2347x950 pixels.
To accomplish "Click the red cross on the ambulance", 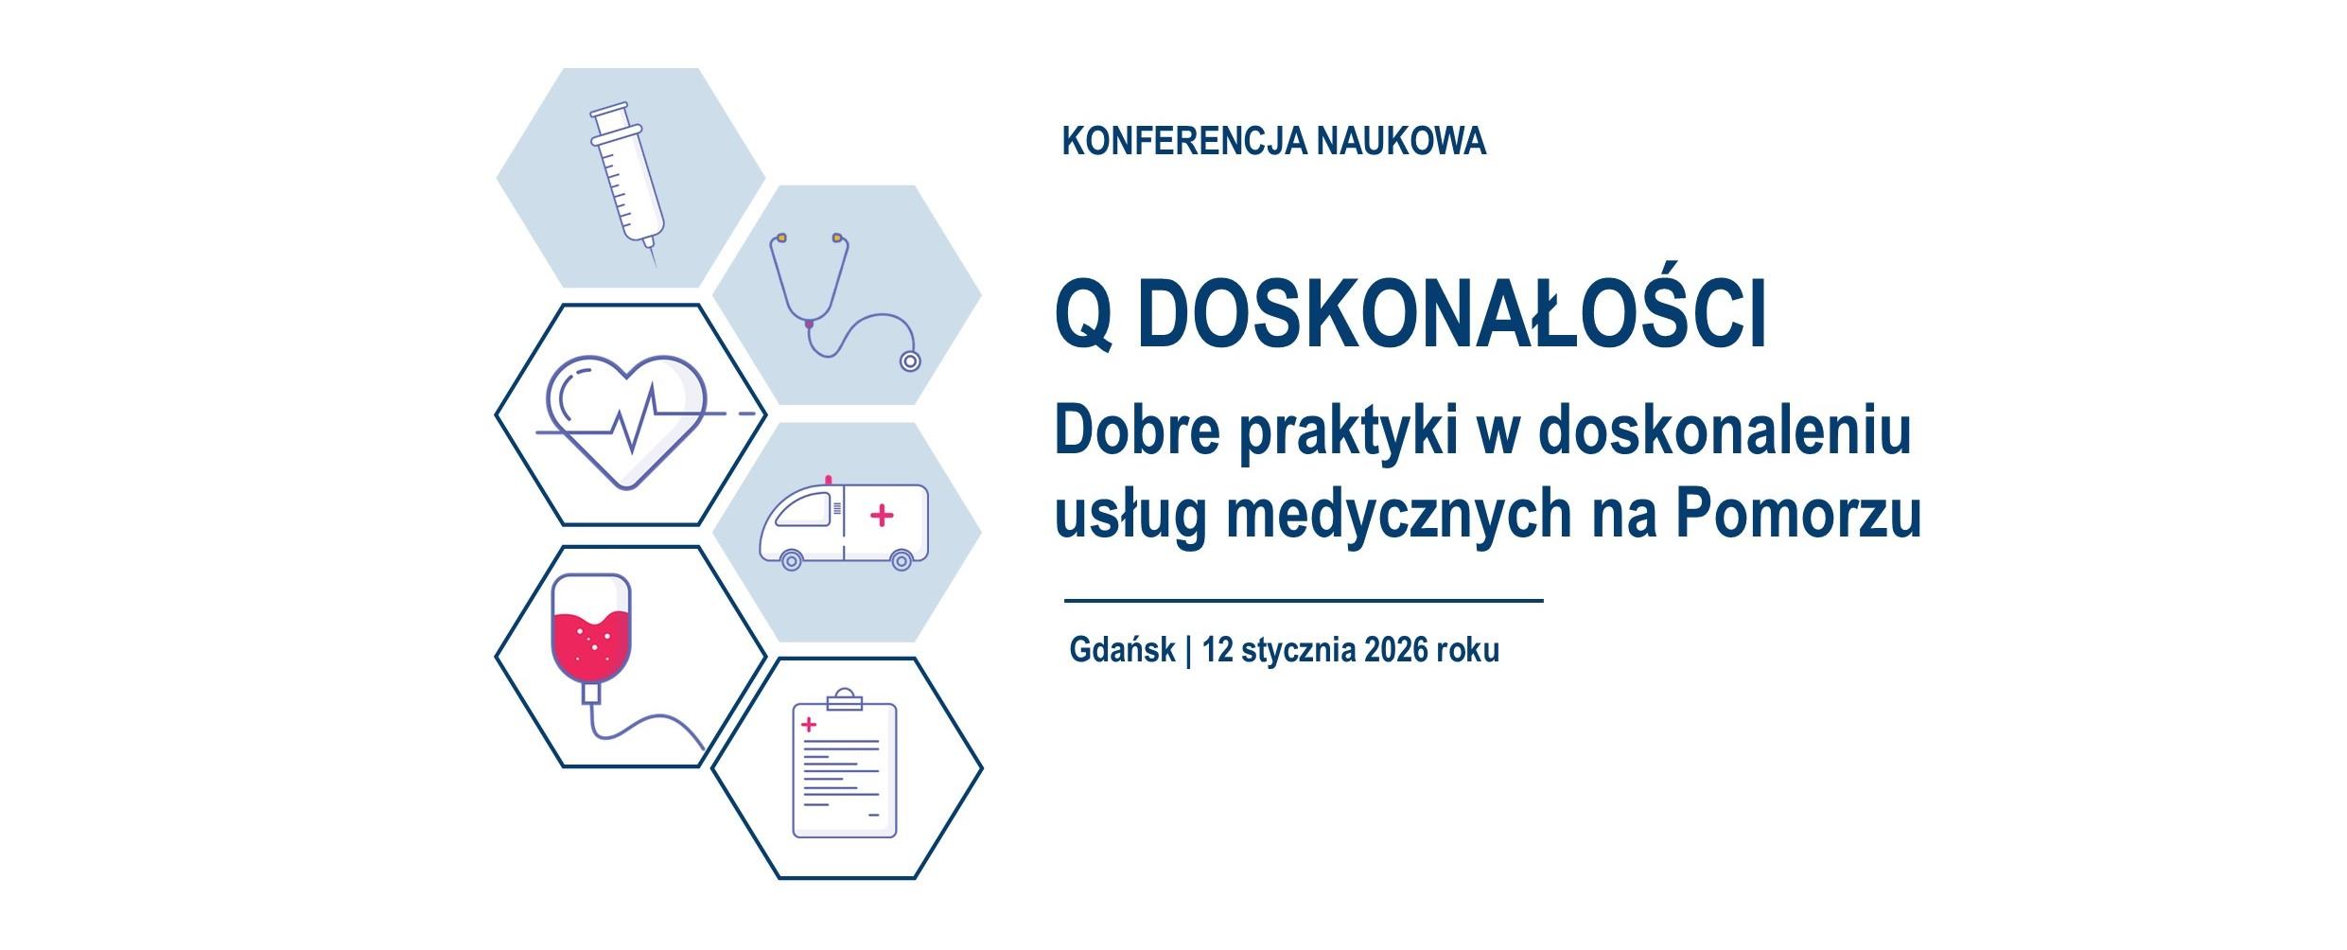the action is coord(882,516).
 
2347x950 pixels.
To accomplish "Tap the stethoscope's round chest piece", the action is coord(910,361).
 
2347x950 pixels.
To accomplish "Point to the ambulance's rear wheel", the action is coord(902,561).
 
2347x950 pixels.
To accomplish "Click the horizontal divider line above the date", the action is coord(1304,600).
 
